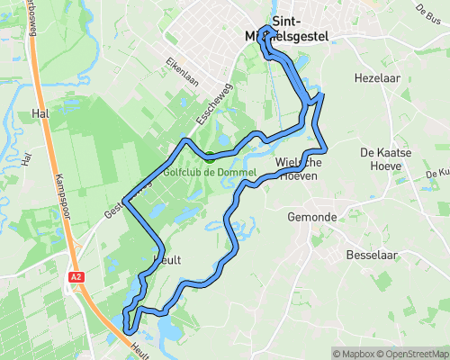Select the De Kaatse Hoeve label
coord(385,159)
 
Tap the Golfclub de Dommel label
coord(211,172)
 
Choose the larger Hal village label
coord(39,114)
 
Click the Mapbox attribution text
coord(354,353)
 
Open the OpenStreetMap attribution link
coord(411,353)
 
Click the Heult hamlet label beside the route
coord(167,260)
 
